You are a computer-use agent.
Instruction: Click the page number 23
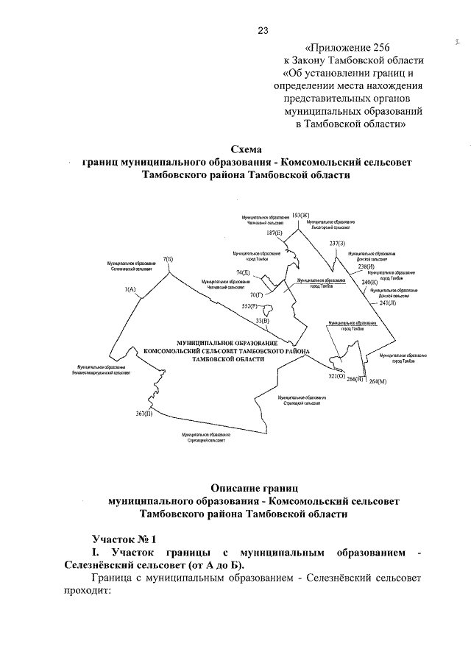(263, 30)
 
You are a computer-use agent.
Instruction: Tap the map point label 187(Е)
(275, 233)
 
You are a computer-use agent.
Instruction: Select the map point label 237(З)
(337, 243)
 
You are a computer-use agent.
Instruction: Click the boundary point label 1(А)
(131, 289)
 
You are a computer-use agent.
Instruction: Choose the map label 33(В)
(262, 321)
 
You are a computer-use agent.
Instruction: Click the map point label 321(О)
(336, 376)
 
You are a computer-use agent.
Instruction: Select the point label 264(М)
(378, 381)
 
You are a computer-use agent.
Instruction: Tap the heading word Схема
(246, 147)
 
